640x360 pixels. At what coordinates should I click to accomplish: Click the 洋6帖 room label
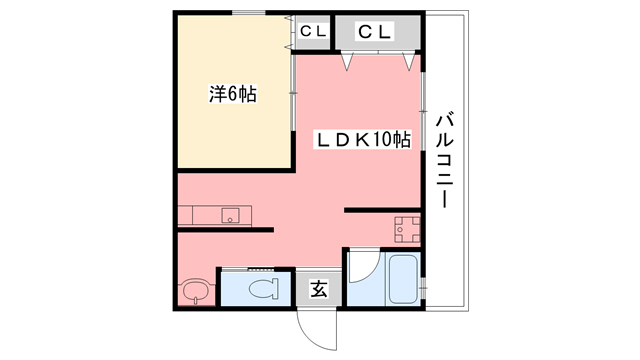click(x=232, y=96)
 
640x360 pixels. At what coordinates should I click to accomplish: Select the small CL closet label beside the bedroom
click(x=313, y=31)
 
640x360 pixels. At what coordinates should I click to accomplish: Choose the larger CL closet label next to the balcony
click(x=376, y=31)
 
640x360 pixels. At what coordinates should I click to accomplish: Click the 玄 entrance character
click(x=318, y=290)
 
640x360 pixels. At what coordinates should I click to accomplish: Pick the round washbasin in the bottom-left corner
click(x=195, y=291)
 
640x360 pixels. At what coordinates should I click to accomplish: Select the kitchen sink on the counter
click(x=231, y=215)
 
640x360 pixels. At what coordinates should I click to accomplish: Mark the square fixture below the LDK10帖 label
click(x=406, y=229)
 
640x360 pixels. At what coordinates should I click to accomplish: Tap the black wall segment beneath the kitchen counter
click(x=225, y=230)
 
